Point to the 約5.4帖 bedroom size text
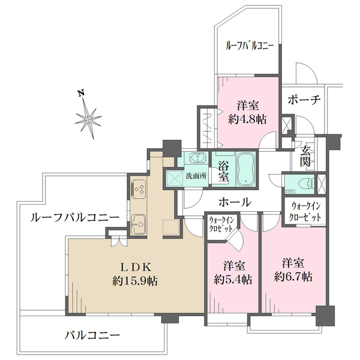233,279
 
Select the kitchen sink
137,223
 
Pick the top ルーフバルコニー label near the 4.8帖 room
249,45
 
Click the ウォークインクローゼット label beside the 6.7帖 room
305,211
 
